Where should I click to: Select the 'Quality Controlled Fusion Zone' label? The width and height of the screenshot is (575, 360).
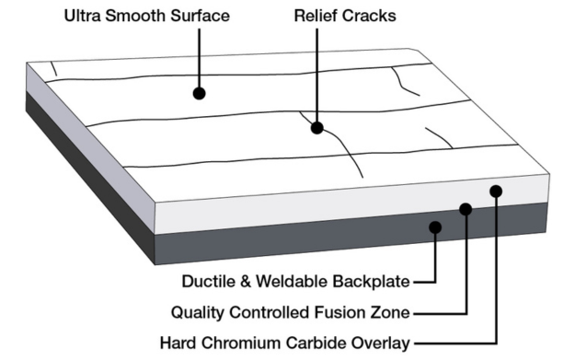(x=292, y=311)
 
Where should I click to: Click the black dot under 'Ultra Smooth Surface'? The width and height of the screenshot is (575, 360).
(x=199, y=93)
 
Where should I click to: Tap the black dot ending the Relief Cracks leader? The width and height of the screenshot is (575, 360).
(x=317, y=128)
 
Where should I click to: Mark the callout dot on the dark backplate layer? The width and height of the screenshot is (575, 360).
(x=435, y=226)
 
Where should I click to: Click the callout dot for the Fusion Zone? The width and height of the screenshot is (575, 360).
(x=466, y=210)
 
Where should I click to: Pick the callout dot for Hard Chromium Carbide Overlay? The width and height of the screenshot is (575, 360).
(x=496, y=191)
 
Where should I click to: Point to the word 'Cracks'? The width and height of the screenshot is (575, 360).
(x=369, y=17)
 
